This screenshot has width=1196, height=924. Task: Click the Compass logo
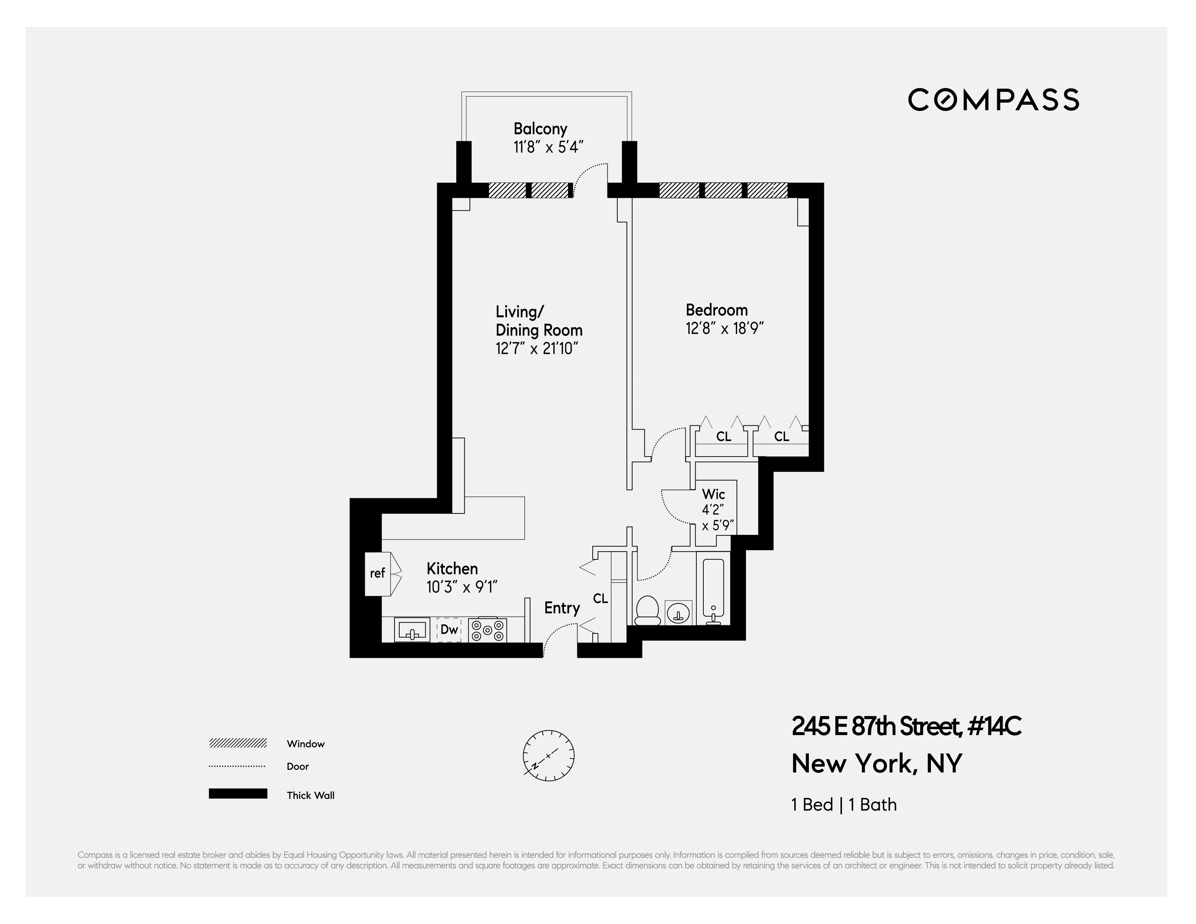click(x=993, y=100)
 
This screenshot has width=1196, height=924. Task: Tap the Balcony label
click(x=540, y=129)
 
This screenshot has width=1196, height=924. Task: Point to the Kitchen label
click(x=452, y=568)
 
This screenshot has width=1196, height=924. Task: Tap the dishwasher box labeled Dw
click(x=449, y=630)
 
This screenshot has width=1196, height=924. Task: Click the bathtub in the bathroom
click(x=713, y=588)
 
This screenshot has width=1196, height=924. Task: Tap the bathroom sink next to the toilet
click(x=678, y=613)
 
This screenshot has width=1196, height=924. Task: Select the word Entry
click(x=561, y=608)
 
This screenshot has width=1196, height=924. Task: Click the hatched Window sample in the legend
click(x=238, y=743)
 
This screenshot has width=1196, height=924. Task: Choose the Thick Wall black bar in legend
click(x=238, y=794)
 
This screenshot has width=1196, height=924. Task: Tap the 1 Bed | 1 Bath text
click(x=844, y=805)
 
